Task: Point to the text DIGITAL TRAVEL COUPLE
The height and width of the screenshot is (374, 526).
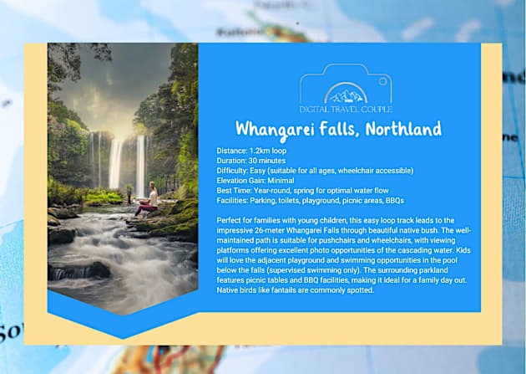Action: [346, 109]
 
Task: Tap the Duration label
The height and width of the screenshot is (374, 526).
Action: [230, 160]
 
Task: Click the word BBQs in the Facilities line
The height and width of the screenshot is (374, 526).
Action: [395, 200]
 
